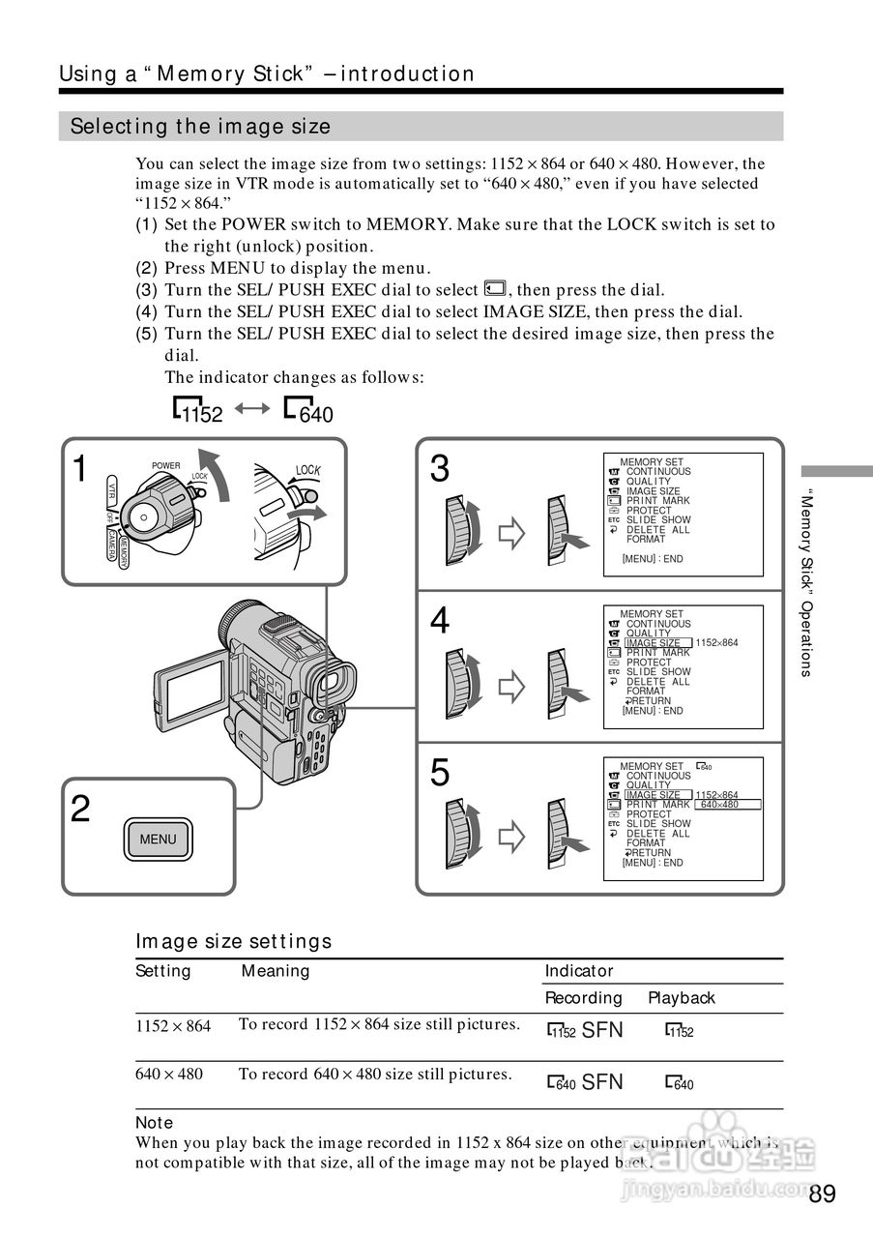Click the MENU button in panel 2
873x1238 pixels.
point(158,839)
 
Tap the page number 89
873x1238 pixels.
point(823,1194)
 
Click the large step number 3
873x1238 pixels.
point(440,469)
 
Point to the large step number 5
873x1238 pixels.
point(440,773)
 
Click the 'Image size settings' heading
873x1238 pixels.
point(233,941)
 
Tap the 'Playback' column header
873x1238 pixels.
point(682,998)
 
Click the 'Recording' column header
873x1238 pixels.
point(584,998)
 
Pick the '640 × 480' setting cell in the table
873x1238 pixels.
point(169,1074)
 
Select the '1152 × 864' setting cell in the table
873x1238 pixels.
point(173,1026)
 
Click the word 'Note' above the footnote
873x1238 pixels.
point(154,1123)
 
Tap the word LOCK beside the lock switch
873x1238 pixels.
point(307,470)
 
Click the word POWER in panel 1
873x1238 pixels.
point(166,466)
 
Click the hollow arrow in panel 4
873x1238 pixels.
point(510,686)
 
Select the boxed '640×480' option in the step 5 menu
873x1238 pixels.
point(729,805)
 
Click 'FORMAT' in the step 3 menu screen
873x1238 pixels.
point(646,540)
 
